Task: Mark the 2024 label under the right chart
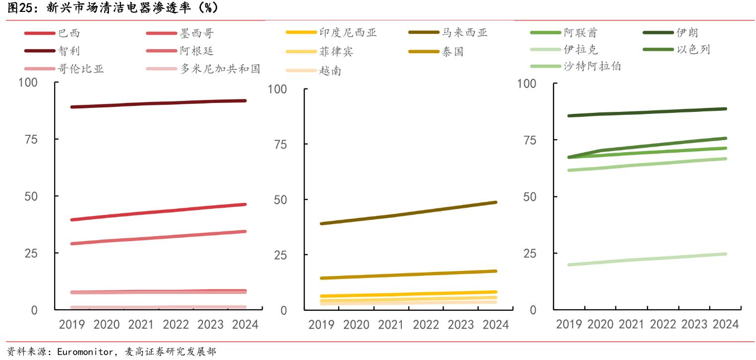[725, 324]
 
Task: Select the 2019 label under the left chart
[72, 325]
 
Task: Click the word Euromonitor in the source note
[82, 352]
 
